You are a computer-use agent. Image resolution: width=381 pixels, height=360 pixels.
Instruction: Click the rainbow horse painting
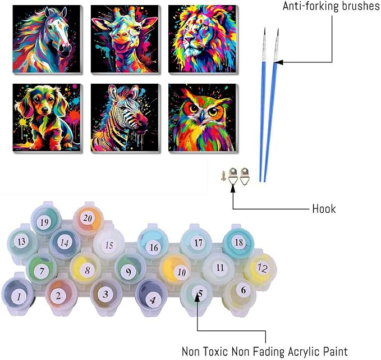(47, 39)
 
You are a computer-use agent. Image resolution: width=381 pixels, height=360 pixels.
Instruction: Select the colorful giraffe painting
(125, 39)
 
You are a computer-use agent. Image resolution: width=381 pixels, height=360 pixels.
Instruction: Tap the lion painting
(203, 39)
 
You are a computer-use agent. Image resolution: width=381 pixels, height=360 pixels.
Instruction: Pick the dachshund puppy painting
(47, 118)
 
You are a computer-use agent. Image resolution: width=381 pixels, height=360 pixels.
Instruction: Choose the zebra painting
(125, 118)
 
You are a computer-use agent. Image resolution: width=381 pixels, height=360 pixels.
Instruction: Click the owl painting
(203, 118)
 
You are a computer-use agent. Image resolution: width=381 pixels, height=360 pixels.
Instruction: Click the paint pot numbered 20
(88, 218)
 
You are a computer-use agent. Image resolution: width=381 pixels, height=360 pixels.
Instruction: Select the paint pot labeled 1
(18, 295)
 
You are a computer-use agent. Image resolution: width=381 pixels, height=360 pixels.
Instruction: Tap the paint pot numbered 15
(109, 244)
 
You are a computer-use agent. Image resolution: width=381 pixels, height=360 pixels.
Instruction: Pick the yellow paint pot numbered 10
(176, 270)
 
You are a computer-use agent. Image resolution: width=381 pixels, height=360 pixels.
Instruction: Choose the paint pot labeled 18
(238, 242)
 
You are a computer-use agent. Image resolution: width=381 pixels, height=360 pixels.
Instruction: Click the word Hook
(324, 209)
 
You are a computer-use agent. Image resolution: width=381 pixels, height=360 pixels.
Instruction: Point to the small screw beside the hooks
(223, 175)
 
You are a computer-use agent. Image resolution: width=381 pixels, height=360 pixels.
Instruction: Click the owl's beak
(202, 117)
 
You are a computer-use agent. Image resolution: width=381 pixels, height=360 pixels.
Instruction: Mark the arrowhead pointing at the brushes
(278, 62)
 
